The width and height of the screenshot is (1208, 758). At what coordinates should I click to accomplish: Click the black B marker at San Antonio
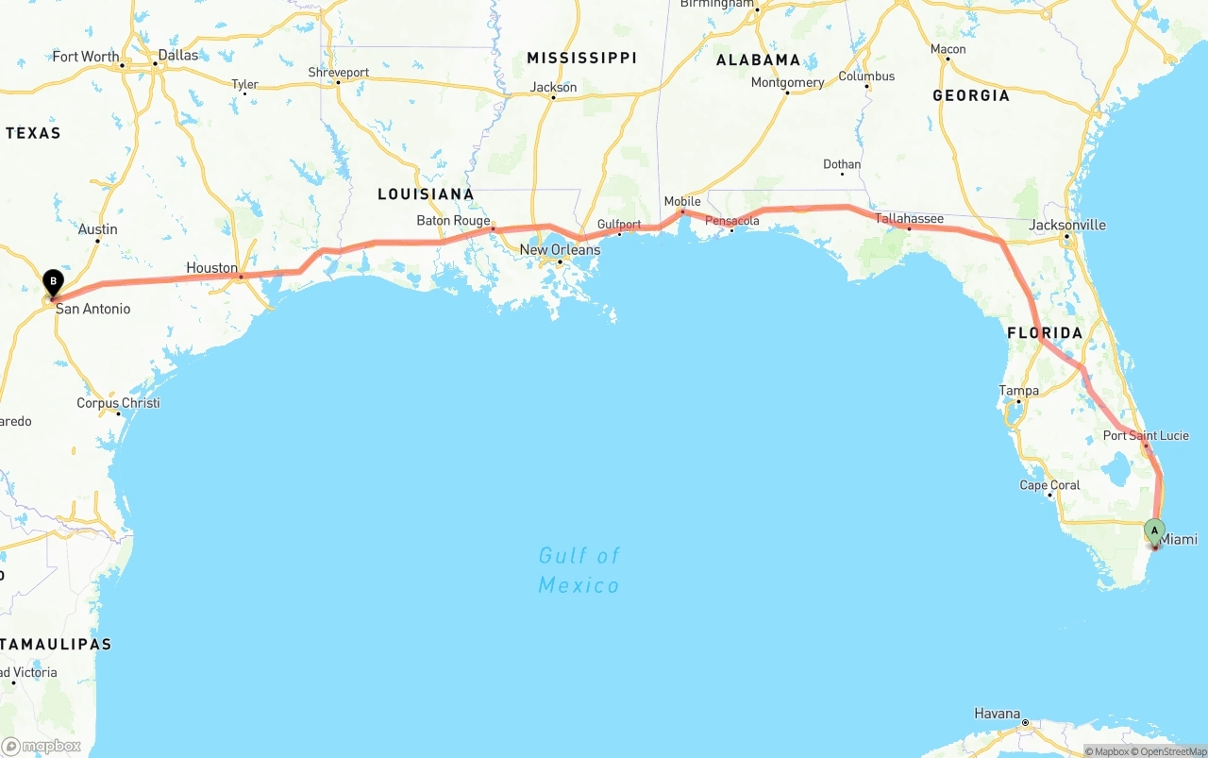coord(54,281)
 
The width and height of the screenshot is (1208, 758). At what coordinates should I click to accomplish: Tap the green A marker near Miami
coord(1154,531)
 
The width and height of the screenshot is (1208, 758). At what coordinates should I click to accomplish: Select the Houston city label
coord(212,268)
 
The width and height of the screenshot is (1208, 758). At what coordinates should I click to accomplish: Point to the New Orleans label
coord(560,250)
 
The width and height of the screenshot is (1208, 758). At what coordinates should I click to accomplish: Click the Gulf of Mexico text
coord(579,570)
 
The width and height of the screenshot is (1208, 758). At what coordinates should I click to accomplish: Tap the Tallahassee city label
coord(909,219)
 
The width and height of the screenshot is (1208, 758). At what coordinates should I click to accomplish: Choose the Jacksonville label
coord(1067,225)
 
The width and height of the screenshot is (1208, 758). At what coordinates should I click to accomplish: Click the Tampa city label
coord(1019,391)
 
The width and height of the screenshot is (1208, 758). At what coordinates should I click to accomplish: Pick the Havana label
coord(998,714)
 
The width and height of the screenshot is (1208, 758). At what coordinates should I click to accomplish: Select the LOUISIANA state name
coord(426,194)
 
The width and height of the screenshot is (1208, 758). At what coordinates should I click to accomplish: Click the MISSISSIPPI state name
coord(582,59)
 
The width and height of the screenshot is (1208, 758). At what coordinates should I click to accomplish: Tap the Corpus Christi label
coord(118,403)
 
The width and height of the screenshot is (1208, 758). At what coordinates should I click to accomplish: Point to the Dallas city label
coord(178,56)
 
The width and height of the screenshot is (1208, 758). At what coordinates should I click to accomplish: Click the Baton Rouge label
coord(454,221)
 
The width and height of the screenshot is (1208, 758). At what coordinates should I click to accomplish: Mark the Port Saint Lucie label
coord(1146,435)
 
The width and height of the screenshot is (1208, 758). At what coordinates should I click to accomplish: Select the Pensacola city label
coord(732,221)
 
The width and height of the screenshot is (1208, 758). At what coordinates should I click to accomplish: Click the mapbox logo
coord(42,746)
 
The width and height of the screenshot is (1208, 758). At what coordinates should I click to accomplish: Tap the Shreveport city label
coord(339,72)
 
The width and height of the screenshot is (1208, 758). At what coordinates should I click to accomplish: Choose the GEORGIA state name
coord(971,95)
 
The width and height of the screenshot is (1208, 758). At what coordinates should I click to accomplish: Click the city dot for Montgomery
coord(786,94)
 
